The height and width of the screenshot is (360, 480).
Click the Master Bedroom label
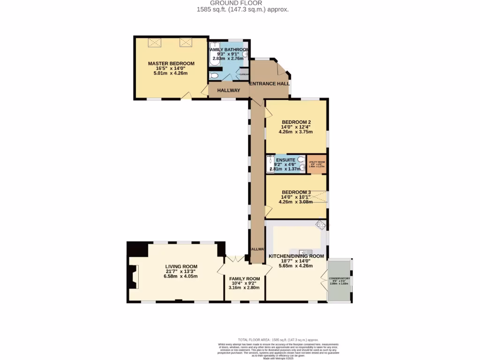[x=171, y=64]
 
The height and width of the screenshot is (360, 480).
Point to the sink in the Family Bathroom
[x=245, y=54]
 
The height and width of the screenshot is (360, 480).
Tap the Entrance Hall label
[x=269, y=83]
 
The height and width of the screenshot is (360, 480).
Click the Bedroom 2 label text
[x=296, y=122]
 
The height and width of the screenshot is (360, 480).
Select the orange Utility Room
[x=316, y=164]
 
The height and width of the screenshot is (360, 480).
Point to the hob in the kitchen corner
[x=321, y=225]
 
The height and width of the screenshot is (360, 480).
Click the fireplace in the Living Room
[x=135, y=277]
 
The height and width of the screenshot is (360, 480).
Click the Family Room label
[x=244, y=278]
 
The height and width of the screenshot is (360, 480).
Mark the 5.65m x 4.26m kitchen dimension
[x=296, y=265]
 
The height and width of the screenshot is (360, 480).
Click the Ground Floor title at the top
[x=243, y=3]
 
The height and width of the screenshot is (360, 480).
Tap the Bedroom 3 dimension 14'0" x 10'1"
[x=296, y=197]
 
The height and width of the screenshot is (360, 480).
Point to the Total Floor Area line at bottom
[x=278, y=339]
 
